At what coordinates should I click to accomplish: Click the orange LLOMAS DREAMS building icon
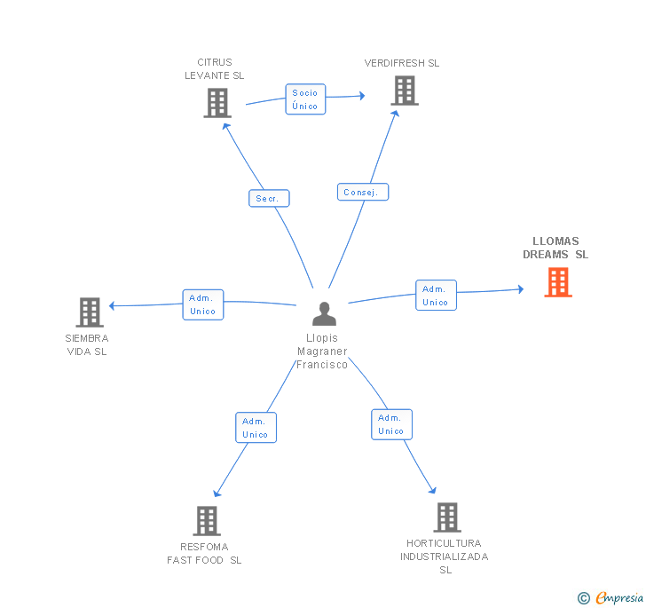click(x=558, y=282)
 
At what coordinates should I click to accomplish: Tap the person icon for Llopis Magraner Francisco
click(x=324, y=313)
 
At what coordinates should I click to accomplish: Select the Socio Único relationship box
click(x=305, y=99)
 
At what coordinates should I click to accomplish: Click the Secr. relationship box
click(x=269, y=198)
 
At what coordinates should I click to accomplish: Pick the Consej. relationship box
click(x=363, y=192)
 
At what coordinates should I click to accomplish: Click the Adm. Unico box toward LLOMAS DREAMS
click(x=436, y=296)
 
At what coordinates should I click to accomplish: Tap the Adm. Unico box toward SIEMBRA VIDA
click(x=202, y=304)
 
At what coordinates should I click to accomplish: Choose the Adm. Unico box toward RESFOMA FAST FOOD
click(x=256, y=428)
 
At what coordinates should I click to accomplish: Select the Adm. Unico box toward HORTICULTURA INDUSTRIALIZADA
click(x=391, y=424)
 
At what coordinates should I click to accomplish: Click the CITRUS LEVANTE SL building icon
click(x=217, y=103)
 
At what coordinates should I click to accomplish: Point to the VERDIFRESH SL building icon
click(x=405, y=91)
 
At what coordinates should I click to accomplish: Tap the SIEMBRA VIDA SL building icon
click(x=90, y=312)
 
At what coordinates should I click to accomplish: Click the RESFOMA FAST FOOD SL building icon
click(x=207, y=521)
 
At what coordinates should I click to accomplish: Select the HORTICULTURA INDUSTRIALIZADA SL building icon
click(x=447, y=517)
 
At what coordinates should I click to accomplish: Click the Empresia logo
click(x=619, y=597)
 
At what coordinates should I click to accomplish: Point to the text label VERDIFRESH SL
click(x=402, y=63)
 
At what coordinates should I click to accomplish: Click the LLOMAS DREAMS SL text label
click(x=555, y=248)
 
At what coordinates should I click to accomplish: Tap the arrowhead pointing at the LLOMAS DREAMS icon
click(x=521, y=289)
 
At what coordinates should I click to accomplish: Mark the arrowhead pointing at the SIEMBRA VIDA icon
click(x=112, y=306)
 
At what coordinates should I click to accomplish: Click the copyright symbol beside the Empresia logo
click(x=584, y=598)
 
